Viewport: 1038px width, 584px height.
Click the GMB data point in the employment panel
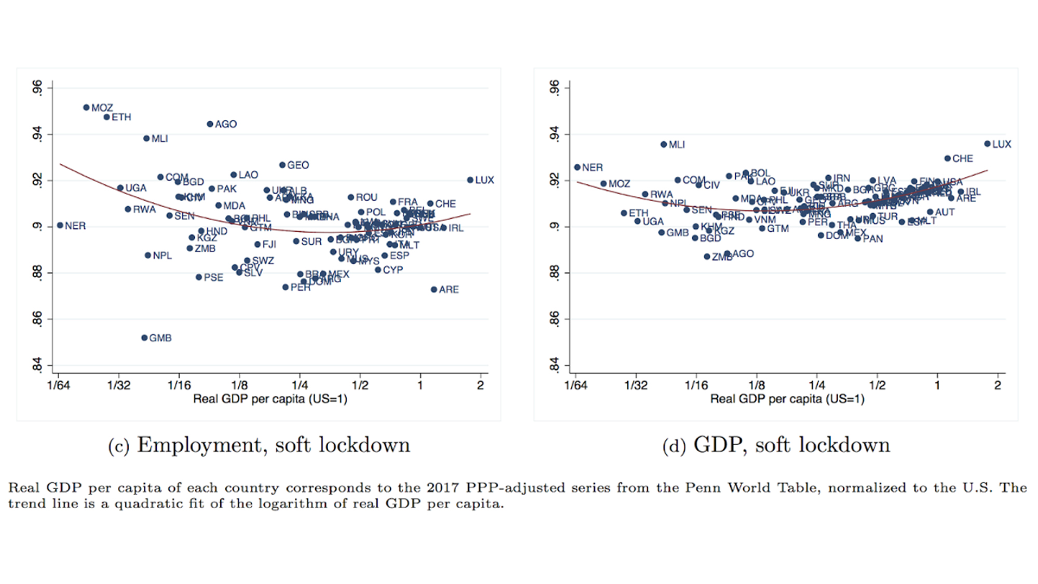pyautogui.click(x=144, y=338)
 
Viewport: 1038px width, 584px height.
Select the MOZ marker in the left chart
pyautogui.click(x=86, y=107)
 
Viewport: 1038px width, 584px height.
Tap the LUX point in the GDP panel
pyautogui.click(x=987, y=144)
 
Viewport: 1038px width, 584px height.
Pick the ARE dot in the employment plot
pyautogui.click(x=434, y=290)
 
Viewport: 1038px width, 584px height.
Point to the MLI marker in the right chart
pyautogui.click(x=663, y=144)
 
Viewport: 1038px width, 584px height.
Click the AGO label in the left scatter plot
pyautogui.click(x=226, y=124)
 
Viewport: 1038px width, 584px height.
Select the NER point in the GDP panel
pyautogui.click(x=577, y=167)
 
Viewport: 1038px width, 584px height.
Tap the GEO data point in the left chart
pyautogui.click(x=282, y=165)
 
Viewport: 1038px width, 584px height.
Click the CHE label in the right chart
pyautogui.click(x=963, y=158)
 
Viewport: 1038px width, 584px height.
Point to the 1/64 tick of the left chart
pyautogui.click(x=58, y=385)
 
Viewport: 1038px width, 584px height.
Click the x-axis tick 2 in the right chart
pyautogui.click(x=998, y=385)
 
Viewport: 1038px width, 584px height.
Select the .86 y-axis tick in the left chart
pyautogui.click(x=37, y=319)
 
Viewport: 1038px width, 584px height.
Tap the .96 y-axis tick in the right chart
pyautogui.click(x=555, y=88)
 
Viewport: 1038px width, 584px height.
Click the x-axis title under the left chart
pyautogui.click(x=270, y=399)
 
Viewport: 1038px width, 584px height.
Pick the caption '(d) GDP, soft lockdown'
pyautogui.click(x=776, y=445)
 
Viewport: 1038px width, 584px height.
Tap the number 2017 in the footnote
pyautogui.click(x=444, y=488)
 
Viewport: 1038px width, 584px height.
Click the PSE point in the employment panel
pyautogui.click(x=199, y=277)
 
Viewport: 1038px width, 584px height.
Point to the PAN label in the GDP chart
pyautogui.click(x=873, y=239)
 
